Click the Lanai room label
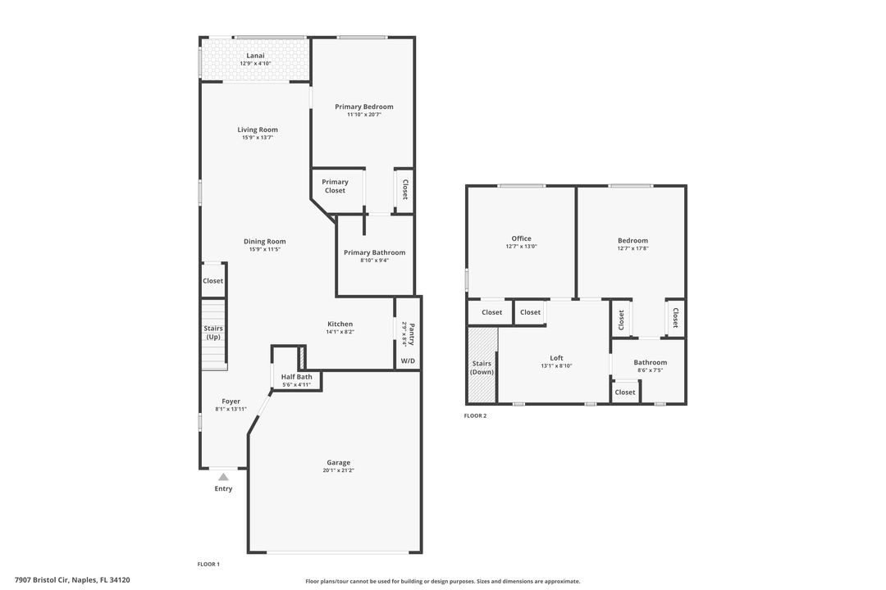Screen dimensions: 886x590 [x=255, y=56]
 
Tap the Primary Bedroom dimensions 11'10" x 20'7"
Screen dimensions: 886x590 [x=364, y=115]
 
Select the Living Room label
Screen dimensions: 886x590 [x=258, y=129]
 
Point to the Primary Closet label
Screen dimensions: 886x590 [x=335, y=186]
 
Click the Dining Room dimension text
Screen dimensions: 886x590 [x=264, y=250]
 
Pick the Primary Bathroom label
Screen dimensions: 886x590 [x=375, y=252]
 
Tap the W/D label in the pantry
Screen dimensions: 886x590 [x=408, y=361]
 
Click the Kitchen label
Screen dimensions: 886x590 [x=340, y=324]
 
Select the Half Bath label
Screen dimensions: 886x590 [x=297, y=377]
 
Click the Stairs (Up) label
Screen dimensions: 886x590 [x=213, y=333]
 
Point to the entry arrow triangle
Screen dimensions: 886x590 [x=224, y=477]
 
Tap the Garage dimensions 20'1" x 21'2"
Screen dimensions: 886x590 [x=339, y=470]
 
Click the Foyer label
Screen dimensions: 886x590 [x=231, y=402]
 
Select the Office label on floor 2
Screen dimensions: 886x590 [x=521, y=238]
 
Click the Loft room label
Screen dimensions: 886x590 [x=556, y=358]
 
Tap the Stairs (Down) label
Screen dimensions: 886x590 [x=482, y=368]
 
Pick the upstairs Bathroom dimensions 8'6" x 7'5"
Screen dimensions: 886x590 [x=651, y=370]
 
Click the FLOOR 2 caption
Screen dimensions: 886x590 [x=475, y=416]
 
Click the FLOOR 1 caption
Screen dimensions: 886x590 [x=208, y=564]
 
